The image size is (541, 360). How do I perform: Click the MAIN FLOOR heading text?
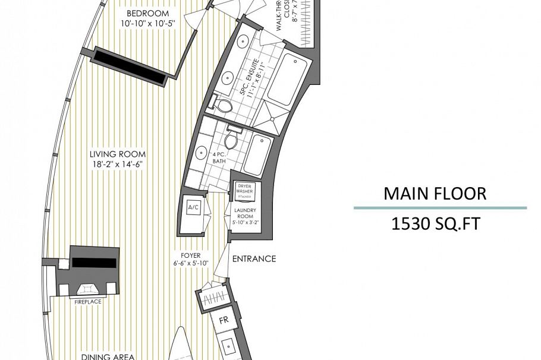(435, 194)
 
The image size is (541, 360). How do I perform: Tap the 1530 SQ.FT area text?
(435, 224)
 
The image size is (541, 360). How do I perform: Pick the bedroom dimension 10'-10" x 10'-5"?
(148, 23)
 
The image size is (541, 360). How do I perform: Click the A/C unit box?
(193, 208)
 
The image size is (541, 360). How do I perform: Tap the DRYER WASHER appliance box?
(245, 191)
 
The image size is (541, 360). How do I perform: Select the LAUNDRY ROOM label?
(244, 214)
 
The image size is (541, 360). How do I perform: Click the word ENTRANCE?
(254, 259)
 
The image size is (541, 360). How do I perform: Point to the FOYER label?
(190, 255)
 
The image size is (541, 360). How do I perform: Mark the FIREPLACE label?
(87, 302)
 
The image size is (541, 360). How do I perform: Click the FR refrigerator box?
(224, 320)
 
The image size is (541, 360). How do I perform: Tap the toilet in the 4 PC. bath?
(232, 138)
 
